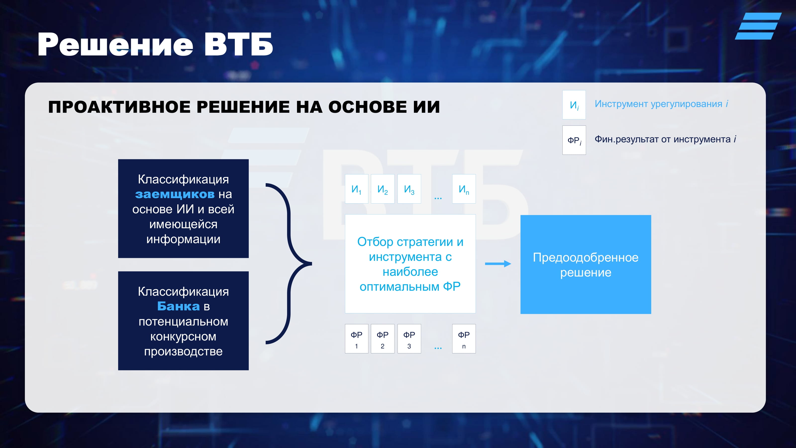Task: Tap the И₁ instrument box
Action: pos(357,189)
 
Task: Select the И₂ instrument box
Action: pos(383,189)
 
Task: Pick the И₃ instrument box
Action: pos(409,189)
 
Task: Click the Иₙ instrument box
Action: pos(464,189)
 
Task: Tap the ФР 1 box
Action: pos(357,338)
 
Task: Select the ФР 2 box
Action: pos(383,338)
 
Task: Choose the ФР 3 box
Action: pos(409,338)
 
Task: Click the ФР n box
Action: pos(464,338)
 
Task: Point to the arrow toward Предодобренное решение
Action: pos(498,264)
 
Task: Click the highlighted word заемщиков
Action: pos(175,194)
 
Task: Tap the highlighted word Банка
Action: pos(178,306)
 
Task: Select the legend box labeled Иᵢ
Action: pos(574,105)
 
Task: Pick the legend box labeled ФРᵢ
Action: pos(574,140)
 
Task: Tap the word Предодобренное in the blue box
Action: pos(586,258)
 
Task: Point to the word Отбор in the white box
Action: pos(375,242)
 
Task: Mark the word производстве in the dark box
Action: pos(183,351)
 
